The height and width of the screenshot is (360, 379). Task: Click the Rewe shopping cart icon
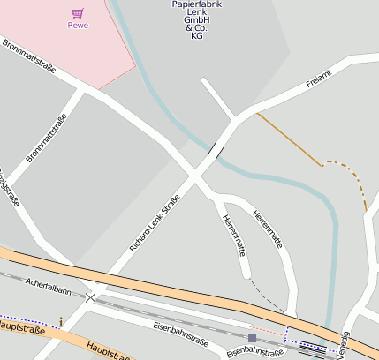[78, 13]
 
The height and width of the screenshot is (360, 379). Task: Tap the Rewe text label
[78, 26]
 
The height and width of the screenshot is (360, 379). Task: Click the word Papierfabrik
[196, 5]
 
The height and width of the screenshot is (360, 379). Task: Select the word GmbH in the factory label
[196, 19]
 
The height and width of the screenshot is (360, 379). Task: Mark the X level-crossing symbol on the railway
[90, 298]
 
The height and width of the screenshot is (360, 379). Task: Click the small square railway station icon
[252, 338]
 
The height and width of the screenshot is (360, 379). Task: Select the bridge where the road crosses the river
[215, 149]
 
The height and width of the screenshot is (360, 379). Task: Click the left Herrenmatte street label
[232, 235]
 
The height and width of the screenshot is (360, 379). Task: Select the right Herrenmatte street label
[268, 229]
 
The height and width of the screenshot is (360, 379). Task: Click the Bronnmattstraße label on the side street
[47, 139]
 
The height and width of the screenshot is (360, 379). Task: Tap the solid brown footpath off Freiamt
[288, 139]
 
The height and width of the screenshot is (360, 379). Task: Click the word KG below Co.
[196, 36]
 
